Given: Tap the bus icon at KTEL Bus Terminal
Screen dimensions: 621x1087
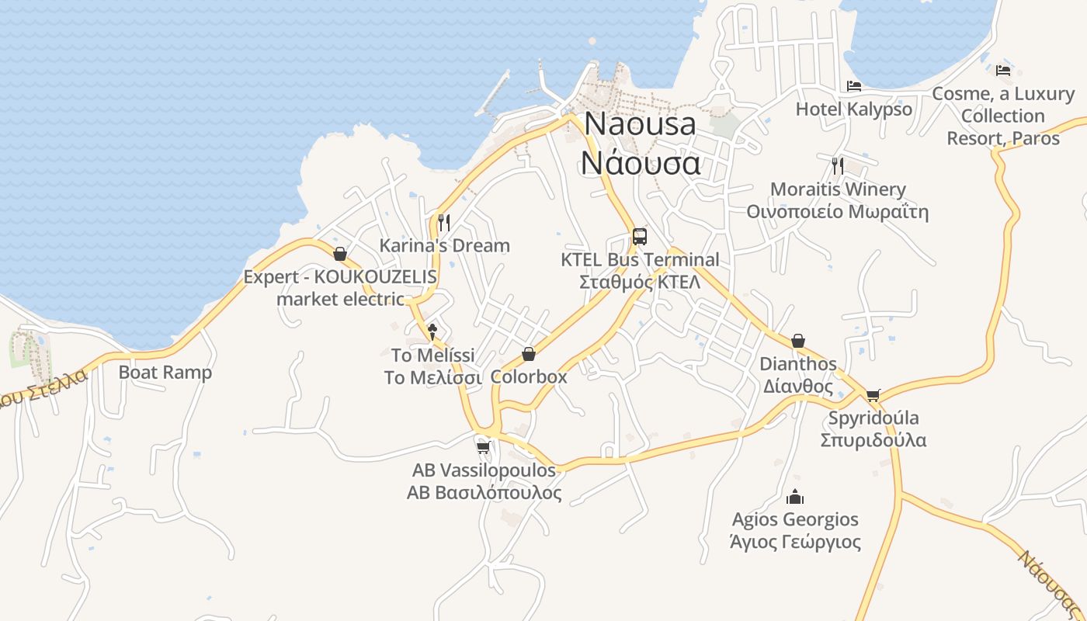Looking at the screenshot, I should coord(640,236).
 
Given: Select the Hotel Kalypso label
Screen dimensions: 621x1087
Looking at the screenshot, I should coord(854,109).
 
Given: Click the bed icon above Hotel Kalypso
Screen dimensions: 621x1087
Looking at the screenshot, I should coord(854,86).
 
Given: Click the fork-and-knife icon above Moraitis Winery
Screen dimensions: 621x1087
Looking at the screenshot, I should coord(837,165).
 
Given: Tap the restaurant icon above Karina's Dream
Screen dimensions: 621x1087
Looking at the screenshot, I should coord(444,223).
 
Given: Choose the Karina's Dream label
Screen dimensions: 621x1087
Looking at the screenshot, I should coord(444,246).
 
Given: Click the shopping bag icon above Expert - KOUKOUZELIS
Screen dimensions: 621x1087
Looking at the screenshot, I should coord(339,254).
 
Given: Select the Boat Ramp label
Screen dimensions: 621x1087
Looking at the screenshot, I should coord(165,373).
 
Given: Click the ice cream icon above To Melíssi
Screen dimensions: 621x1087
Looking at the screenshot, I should coord(432,332).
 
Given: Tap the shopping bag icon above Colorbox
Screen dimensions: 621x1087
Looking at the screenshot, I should coord(529,354).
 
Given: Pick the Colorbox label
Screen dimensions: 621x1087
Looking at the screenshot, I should coord(529,377).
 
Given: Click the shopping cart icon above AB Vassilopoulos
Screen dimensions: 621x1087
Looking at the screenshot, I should coord(483,447).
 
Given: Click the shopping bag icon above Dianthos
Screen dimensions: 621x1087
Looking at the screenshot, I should coord(798,341).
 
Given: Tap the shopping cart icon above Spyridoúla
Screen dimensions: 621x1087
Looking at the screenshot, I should coord(873,395).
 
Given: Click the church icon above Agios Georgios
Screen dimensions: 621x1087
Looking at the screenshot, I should coord(795,496).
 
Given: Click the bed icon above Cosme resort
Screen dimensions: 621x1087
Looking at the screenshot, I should coord(1003,70).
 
